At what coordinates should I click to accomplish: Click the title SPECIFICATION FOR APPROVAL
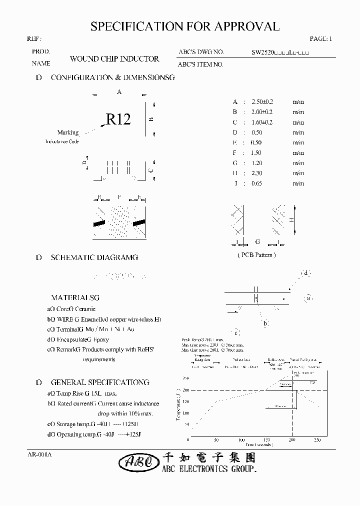(x=185, y=26)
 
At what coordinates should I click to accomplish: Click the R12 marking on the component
(x=118, y=119)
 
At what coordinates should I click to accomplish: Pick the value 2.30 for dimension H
(x=257, y=173)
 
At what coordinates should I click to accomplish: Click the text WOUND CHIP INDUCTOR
(x=114, y=58)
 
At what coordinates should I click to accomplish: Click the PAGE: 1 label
(x=320, y=38)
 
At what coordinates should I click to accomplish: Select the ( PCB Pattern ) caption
(x=256, y=254)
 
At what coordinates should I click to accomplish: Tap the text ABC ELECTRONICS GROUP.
(x=209, y=469)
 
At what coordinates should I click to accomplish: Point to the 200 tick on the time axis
(x=292, y=440)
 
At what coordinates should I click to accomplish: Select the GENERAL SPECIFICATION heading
(x=100, y=382)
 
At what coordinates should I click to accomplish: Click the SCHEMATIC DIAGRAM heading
(x=94, y=257)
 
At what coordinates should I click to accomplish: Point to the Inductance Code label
(x=62, y=141)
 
